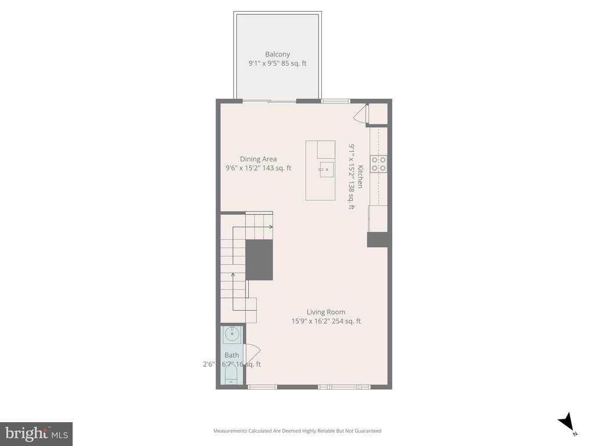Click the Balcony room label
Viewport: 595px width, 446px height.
277,55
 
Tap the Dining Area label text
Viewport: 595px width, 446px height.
259,159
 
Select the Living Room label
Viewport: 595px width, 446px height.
326,312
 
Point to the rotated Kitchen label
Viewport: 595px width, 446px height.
360,177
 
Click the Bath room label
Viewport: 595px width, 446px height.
231,355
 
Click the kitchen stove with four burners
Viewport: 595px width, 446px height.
379,164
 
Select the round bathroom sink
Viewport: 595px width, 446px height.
232,334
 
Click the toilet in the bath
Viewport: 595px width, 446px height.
231,375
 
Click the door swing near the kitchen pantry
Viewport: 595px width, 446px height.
360,114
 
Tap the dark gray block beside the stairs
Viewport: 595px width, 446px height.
259,260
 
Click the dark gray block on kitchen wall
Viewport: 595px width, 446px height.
377,239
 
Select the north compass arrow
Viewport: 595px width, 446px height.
567,422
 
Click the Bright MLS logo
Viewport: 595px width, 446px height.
36,433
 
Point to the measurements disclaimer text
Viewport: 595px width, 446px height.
297,431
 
